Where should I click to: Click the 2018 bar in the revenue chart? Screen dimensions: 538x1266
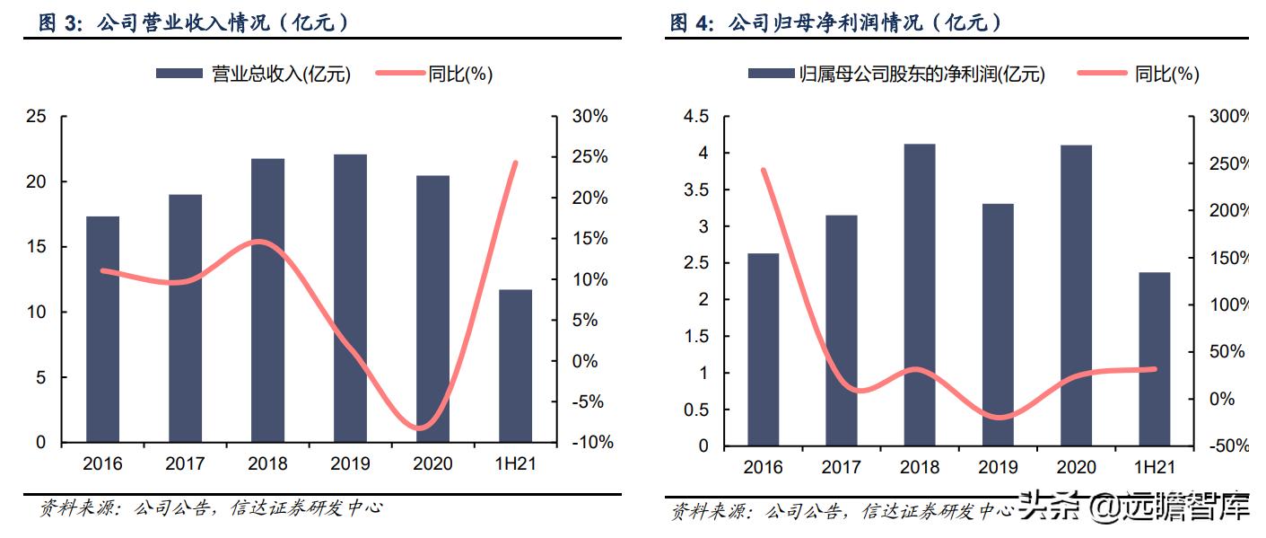tap(267, 301)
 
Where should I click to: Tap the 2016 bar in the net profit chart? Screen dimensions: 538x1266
tap(763, 349)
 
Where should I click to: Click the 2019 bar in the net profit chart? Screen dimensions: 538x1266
tap(997, 324)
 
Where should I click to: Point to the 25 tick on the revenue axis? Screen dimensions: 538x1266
tap(36, 117)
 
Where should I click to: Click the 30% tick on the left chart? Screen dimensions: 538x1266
tap(589, 117)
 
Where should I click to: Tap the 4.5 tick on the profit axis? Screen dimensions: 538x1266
tap(695, 117)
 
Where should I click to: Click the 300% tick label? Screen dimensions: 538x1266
tap(1229, 117)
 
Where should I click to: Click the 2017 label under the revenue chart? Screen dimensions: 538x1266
tap(185, 464)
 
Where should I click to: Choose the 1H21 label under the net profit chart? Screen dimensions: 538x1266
tap(1154, 467)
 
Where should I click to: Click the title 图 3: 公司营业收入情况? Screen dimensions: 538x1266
tap(193, 23)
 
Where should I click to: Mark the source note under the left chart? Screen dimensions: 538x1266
tap(212, 508)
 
